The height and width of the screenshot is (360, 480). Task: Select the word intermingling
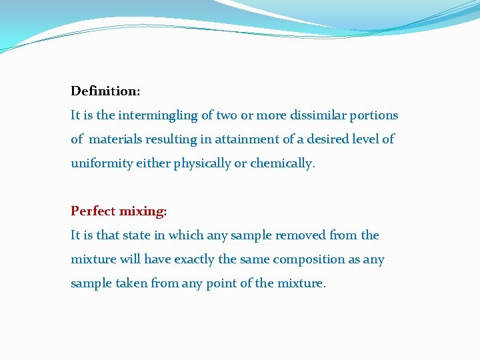(158, 115)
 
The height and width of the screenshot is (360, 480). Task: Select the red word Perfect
(93, 211)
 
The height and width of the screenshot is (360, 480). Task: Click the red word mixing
(143, 211)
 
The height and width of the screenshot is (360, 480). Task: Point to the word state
(149, 235)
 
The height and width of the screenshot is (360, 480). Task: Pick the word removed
(299, 235)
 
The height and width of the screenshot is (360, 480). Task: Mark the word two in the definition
(227, 115)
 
